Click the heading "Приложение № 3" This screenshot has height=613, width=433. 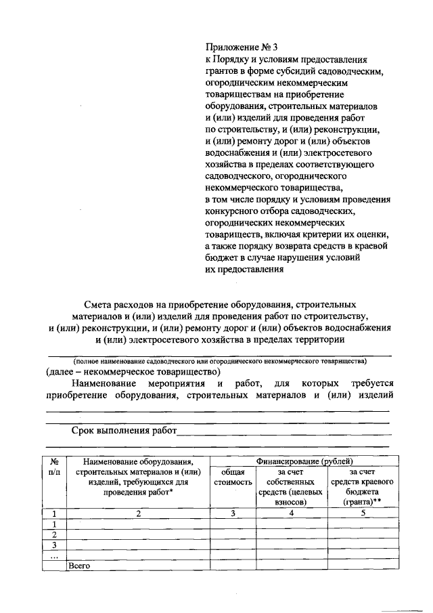(242, 47)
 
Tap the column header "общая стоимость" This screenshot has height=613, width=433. (232, 477)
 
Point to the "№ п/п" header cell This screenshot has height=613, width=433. (55, 466)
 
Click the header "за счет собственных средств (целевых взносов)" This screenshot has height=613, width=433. (291, 486)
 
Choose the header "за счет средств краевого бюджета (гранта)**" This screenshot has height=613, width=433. (361, 486)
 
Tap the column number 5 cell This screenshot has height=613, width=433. (362, 513)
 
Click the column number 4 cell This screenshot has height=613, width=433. (291, 513)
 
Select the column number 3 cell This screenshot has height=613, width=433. (232, 513)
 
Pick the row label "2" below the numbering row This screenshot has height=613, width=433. (55, 534)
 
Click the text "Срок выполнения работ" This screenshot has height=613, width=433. (124, 431)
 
